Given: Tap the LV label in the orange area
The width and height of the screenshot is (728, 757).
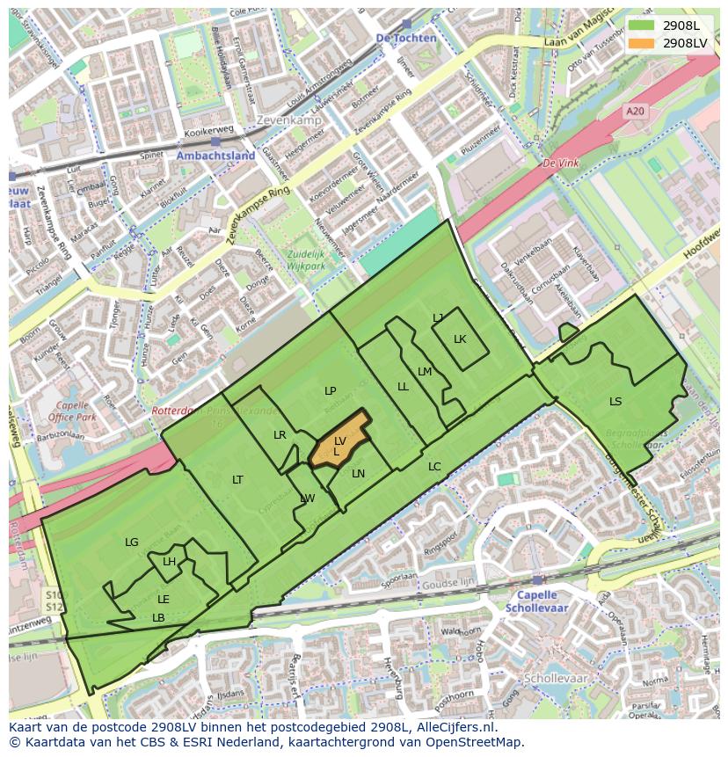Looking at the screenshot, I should coord(340,440).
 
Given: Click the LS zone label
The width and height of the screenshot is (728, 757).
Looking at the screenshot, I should coord(615,402).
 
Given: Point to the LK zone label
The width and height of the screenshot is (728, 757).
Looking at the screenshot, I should coord(460,339).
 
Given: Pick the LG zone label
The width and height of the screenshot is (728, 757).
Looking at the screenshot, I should coord(132,542).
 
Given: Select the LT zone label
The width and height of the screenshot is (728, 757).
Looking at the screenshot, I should coord(237,479).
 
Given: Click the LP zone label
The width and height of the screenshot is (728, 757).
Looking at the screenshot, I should coord(330,391).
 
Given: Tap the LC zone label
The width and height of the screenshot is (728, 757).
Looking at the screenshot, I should coord(434,467).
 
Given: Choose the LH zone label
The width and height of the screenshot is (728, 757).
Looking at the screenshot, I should coord(169,562).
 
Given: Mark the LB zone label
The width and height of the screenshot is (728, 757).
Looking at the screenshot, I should coord(158,618).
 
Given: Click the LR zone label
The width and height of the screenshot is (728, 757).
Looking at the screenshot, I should coord(280,435).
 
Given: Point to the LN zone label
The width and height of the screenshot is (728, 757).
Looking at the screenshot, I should coord(358,474).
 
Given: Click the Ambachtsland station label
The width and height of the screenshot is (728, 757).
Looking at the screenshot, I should coord(215,156).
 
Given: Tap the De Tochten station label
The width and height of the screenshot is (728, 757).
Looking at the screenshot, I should coord(405,39).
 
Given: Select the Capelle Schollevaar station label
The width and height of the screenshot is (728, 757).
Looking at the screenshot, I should coord(537,601).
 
